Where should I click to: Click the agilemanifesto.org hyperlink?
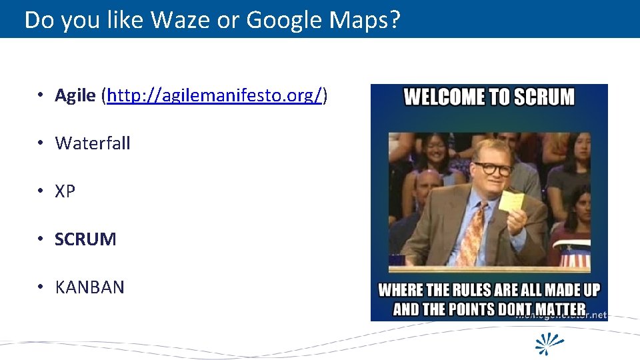click(x=215, y=95)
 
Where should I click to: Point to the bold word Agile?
click(x=75, y=95)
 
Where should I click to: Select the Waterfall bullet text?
click(x=93, y=143)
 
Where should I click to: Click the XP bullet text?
click(x=65, y=191)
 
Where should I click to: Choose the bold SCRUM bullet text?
click(x=85, y=239)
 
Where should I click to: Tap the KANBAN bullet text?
click(x=89, y=287)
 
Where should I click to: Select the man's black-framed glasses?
click(x=492, y=169)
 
